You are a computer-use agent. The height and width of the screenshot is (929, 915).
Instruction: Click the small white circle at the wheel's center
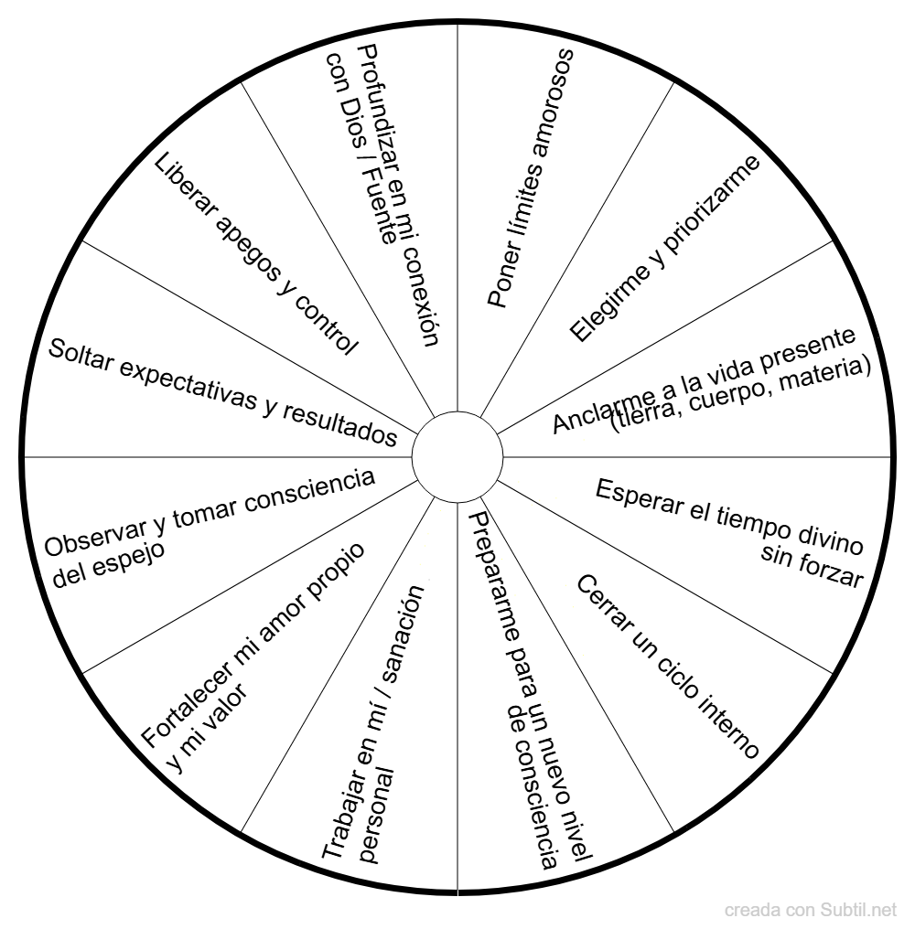pos(457,455)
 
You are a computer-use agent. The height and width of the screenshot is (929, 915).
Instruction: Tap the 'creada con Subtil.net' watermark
pos(811,910)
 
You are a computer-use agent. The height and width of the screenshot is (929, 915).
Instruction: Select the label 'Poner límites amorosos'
pos(530,177)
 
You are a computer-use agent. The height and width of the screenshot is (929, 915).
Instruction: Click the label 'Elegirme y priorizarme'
pos(663,249)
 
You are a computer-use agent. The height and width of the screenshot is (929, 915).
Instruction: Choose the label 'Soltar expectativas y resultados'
pos(222,391)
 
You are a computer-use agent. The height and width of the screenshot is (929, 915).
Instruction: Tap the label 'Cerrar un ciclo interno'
pos(667,667)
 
